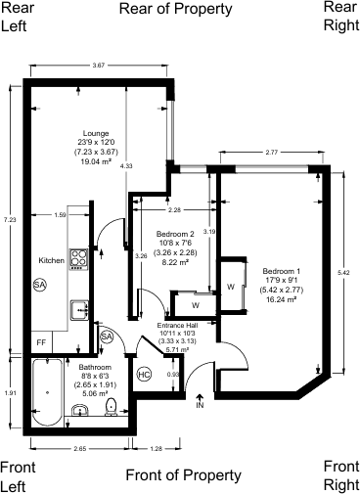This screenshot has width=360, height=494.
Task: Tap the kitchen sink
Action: (80, 311)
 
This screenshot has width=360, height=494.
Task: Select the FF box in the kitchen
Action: (41, 343)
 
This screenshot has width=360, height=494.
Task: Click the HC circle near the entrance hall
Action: (144, 375)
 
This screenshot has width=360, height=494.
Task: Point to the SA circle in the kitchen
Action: (39, 285)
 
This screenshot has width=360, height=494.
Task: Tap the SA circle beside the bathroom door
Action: (107, 337)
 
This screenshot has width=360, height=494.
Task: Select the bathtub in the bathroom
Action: (47, 390)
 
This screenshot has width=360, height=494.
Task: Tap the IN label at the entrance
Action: (200, 404)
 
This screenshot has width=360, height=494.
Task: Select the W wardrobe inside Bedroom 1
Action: (229, 287)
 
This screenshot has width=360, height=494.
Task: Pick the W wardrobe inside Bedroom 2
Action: (196, 302)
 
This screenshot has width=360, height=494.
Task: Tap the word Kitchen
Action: (51, 261)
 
